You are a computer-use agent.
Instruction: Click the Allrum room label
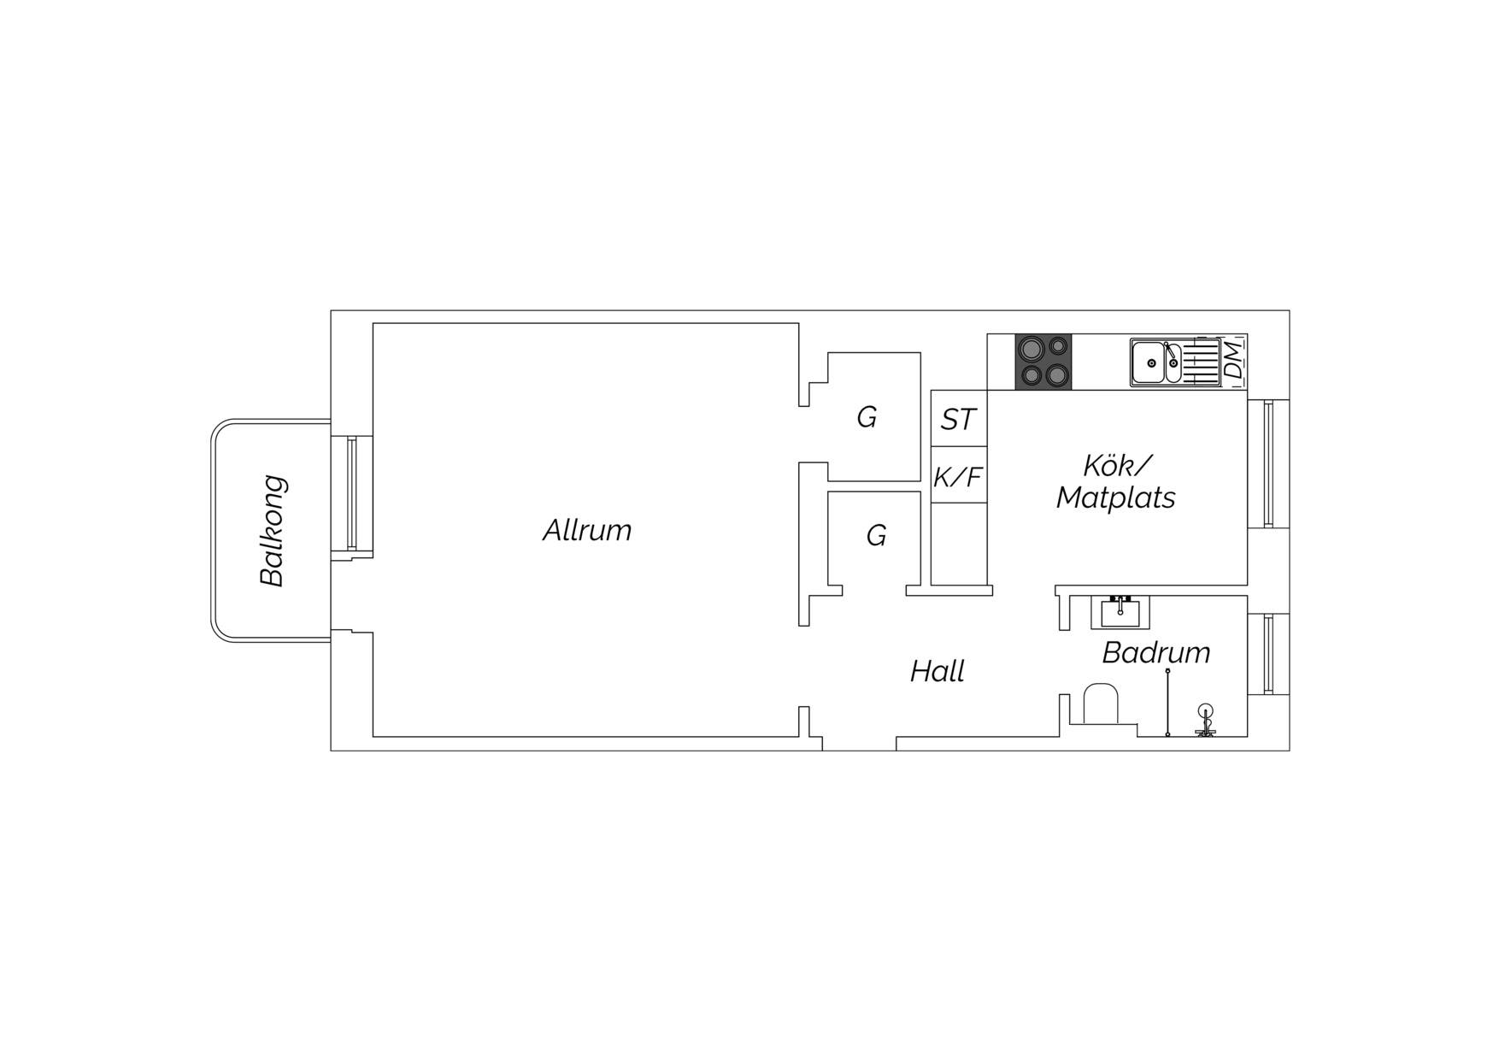pos(587,530)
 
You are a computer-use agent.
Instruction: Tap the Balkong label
pos(273,530)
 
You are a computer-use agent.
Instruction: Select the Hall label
pos(937,671)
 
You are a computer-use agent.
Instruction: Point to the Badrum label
pos(1155,652)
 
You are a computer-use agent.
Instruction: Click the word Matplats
pos(1115,497)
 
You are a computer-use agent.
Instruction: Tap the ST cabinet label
pos(958,419)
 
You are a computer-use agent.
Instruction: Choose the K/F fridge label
pos(957,476)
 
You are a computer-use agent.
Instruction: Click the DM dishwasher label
pos(1233,361)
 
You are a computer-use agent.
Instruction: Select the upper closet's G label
pos(867,417)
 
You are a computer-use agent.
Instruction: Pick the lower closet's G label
pos(876,535)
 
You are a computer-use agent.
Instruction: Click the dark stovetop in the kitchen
pos(1043,362)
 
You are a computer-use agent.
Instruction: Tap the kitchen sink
pos(1175,362)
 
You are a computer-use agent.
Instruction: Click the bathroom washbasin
pos(1120,611)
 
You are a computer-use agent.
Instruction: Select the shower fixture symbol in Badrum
pos(1205,720)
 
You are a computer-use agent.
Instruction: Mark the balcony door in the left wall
pos(351,493)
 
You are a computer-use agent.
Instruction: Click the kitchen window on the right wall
pos(1268,463)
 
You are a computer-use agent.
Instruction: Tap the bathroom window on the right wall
pos(1268,654)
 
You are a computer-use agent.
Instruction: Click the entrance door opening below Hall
pos(859,744)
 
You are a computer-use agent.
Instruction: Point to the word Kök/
pos(1117,465)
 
